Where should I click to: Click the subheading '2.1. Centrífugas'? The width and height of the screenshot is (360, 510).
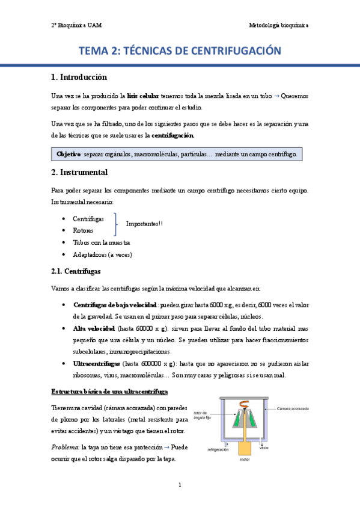coord(75,271)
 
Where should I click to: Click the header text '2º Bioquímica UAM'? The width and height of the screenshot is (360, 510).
coord(76,25)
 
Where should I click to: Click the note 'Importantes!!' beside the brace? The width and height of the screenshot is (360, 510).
coord(144,224)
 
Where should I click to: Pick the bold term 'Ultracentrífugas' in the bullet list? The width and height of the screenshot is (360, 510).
coord(96,364)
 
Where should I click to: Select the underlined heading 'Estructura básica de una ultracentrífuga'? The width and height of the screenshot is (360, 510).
coord(109,392)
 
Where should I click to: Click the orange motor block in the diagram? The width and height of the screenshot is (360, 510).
coord(244,448)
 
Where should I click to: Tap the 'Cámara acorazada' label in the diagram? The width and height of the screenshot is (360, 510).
coord(293,409)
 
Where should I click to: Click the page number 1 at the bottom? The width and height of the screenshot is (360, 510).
coord(180,485)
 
